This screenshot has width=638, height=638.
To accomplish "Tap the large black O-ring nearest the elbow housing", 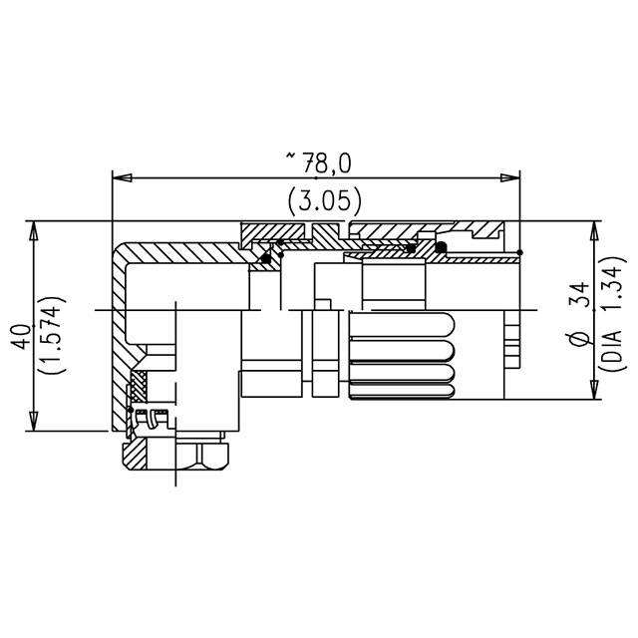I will [266, 260].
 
